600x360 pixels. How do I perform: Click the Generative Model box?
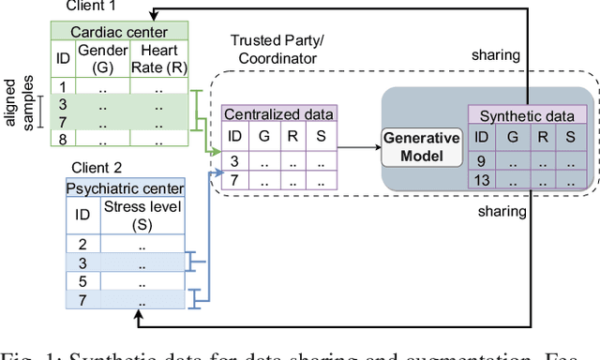tap(422, 148)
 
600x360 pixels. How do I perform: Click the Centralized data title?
tap(277, 114)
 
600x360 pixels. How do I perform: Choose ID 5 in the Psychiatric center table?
tap(83, 281)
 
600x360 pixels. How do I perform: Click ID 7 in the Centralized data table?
tap(235, 178)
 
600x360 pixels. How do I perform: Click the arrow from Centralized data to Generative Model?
tap(356, 147)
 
